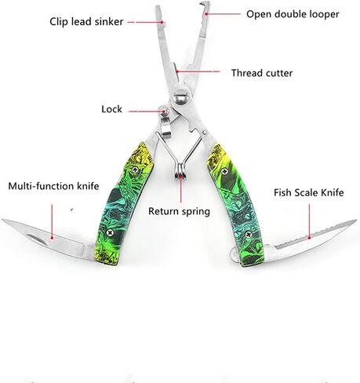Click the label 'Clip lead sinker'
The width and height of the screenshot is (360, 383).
pyautogui.click(x=86, y=22)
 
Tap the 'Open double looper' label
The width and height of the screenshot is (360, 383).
pyautogui.click(x=293, y=14)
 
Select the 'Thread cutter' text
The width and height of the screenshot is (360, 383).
pyautogui.click(x=262, y=73)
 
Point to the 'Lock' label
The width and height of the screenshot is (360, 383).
pyautogui.click(x=111, y=109)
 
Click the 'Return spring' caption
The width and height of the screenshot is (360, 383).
pyautogui.click(x=179, y=211)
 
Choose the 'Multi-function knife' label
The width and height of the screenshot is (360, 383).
pyautogui.click(x=53, y=186)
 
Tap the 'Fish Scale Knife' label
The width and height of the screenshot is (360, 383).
pyautogui.click(x=309, y=193)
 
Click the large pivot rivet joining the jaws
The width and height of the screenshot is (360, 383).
pyautogui.click(x=181, y=97)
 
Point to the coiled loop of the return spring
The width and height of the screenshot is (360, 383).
pyautogui.click(x=180, y=170)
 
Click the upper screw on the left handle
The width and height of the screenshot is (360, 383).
pyautogui.click(x=135, y=170)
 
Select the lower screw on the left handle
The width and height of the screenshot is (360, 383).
pyautogui.click(x=110, y=232)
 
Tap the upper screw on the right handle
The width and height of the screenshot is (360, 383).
pyautogui.click(x=224, y=172)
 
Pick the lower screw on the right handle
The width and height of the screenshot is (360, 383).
pyautogui.click(x=249, y=234)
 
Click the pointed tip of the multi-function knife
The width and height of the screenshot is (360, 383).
pyautogui.click(x=2, y=220)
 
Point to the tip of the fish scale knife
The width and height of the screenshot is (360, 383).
pyautogui.click(x=355, y=221)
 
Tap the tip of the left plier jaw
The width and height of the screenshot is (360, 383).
pyautogui.click(x=158, y=7)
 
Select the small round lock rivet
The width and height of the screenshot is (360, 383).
pyautogui.click(x=165, y=111)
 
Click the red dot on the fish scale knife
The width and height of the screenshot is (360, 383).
pyautogui.click(x=309, y=238)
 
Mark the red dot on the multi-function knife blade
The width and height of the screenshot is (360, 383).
pyautogui.click(x=52, y=238)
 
